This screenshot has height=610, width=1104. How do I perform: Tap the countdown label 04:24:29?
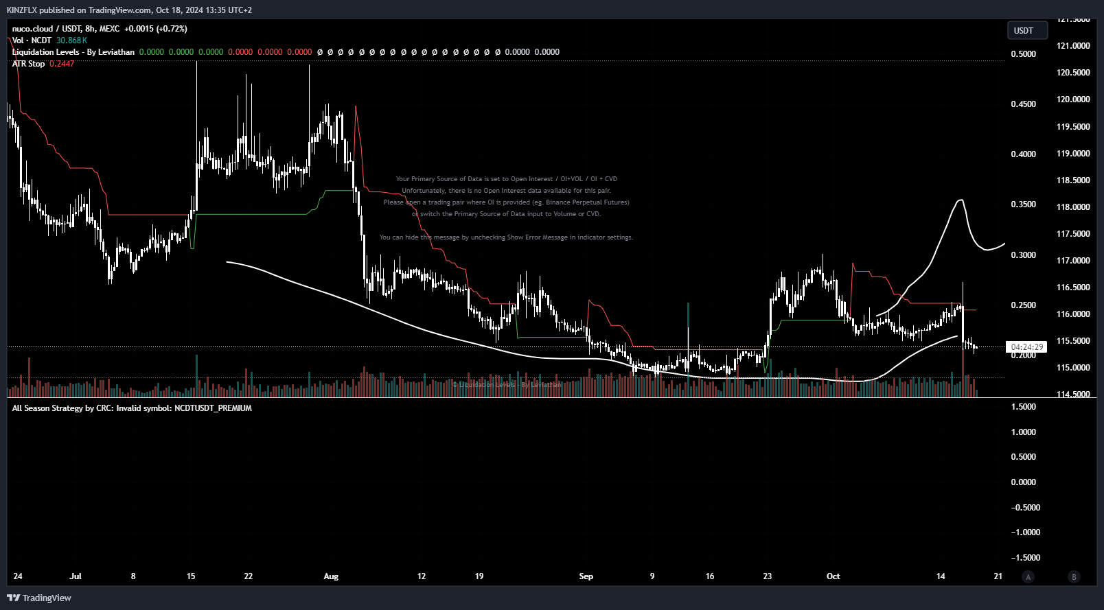pyautogui.click(x=1026, y=347)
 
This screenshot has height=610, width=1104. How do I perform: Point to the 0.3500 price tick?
pyautogui.click(x=1023, y=204)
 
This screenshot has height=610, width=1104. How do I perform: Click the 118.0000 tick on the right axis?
pyautogui.click(x=1073, y=207)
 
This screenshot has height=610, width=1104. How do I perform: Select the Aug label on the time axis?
pyautogui.click(x=331, y=576)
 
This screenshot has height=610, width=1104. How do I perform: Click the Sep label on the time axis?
pyautogui.click(x=586, y=576)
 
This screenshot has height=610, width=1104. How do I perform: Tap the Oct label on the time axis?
pyautogui.click(x=833, y=576)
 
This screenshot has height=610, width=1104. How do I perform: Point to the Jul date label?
pyautogui.click(x=76, y=576)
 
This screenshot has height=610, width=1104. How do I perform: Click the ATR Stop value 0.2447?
pyautogui.click(x=62, y=64)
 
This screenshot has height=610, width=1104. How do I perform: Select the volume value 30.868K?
pyautogui.click(x=71, y=40)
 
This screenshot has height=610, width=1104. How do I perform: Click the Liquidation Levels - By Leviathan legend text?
pyautogui.click(x=73, y=52)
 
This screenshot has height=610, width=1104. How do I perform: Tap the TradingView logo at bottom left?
pyautogui.click(x=39, y=598)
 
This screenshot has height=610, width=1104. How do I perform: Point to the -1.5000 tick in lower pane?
pyautogui.click(x=1026, y=558)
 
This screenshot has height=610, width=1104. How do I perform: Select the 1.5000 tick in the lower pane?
pyautogui.click(x=1024, y=407)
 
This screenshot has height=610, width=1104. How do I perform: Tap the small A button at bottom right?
pyautogui.click(x=1028, y=577)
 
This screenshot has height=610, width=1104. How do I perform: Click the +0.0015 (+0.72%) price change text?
pyautogui.click(x=156, y=29)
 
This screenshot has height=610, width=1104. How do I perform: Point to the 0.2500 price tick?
pyautogui.click(x=1023, y=305)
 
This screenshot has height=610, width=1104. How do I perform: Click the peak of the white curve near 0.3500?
pyautogui.click(x=961, y=200)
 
